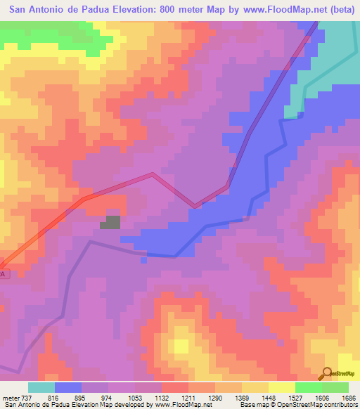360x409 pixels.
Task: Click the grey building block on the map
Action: point(110,223)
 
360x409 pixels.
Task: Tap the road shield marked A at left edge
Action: point(4,273)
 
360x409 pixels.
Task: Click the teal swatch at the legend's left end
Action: point(41,387)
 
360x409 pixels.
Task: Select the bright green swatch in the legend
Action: point(308,387)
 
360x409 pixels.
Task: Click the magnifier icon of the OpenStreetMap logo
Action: point(327,373)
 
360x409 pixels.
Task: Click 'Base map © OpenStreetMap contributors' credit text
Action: point(296,404)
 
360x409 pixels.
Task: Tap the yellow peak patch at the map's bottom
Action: point(181,346)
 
